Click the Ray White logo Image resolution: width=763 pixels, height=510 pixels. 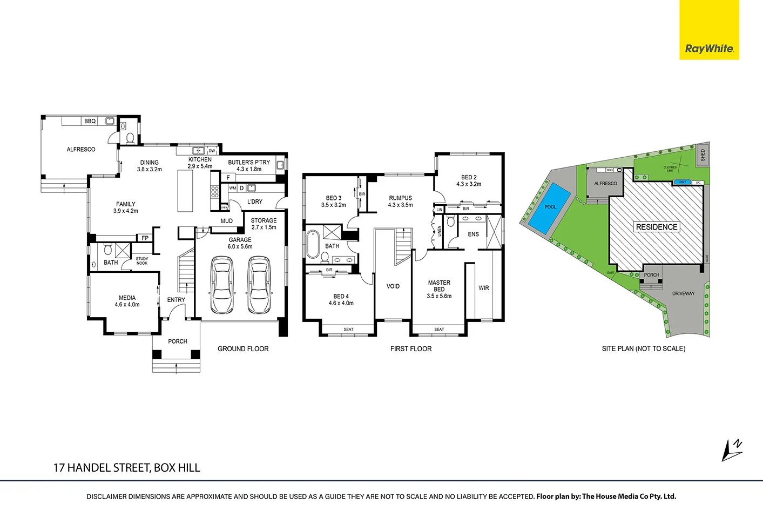tap(709, 49)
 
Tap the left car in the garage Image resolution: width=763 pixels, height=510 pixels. tap(222, 285)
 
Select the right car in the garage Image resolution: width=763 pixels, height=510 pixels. tap(259, 285)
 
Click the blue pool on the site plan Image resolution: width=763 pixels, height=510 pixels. tap(549, 208)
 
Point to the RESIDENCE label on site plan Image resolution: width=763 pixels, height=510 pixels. tap(656, 227)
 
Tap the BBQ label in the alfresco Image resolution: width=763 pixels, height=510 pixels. tap(90, 121)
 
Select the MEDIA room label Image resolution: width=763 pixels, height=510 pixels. tap(127, 298)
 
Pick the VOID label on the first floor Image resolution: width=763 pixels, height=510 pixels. tap(393, 286)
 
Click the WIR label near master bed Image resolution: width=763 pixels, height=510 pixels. tap(483, 288)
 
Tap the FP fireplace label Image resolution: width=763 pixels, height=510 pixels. tap(145, 238)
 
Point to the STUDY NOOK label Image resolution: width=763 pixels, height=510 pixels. tap(142, 261)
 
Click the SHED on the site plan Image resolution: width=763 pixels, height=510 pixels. tap(703, 155)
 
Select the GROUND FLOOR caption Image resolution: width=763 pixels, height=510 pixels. tap(243, 349)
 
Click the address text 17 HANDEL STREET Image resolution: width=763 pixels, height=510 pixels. tap(126, 468)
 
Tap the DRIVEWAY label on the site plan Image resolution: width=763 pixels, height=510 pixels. tap(683, 294)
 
